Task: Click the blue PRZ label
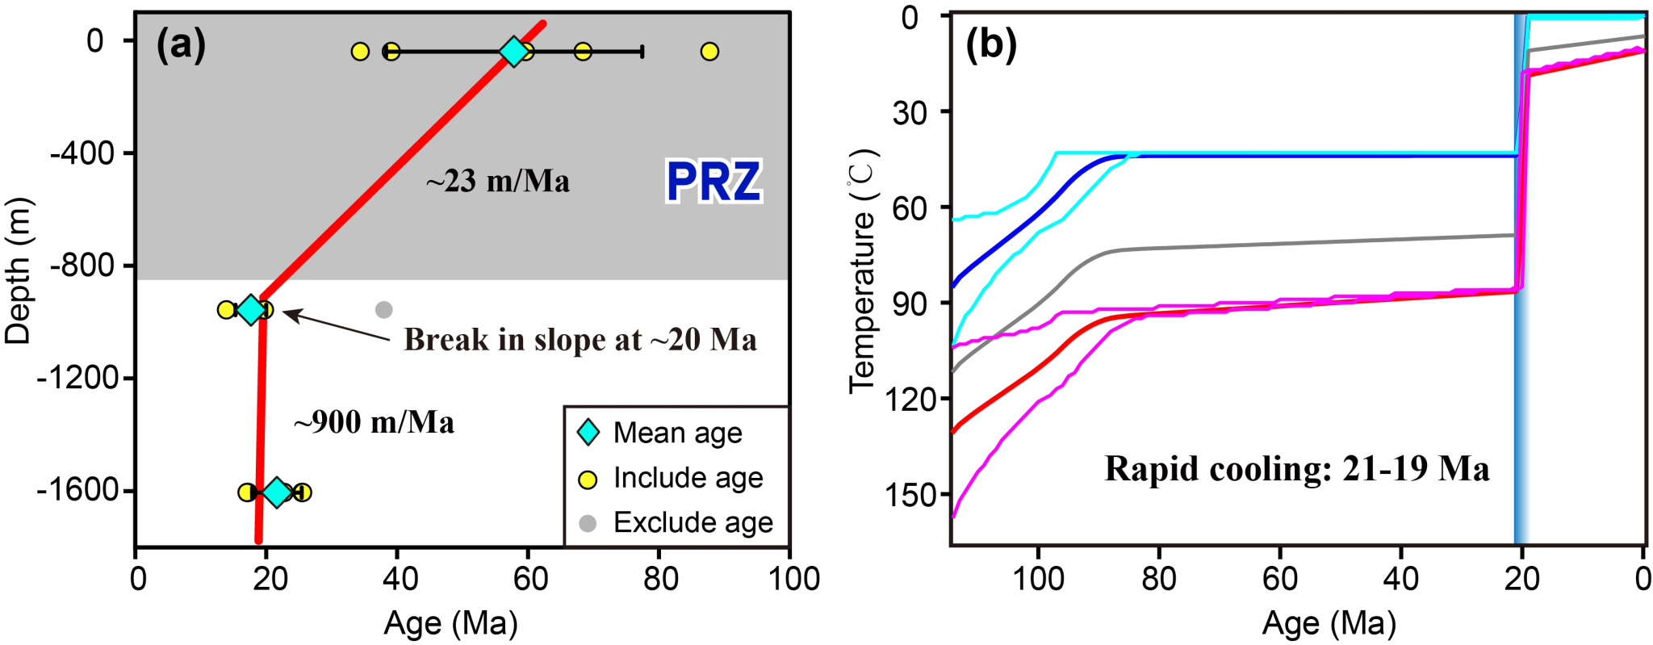(714, 182)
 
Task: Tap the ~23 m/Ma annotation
(498, 182)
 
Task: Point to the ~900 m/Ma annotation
(374, 422)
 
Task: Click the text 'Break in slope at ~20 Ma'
(580, 340)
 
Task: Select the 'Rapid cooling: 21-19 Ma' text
(1296, 469)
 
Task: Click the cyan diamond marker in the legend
(588, 433)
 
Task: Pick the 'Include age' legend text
(688, 478)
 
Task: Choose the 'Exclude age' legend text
(693, 522)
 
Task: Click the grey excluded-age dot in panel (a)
(384, 309)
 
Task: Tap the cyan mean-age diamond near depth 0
(513, 52)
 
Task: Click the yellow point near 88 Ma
(709, 52)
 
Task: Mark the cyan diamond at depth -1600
(277, 492)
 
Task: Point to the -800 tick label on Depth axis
(81, 266)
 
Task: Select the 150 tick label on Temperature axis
(910, 495)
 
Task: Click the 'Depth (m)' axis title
(18, 270)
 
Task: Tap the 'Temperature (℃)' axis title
(862, 270)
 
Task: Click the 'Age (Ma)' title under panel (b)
(1329, 623)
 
